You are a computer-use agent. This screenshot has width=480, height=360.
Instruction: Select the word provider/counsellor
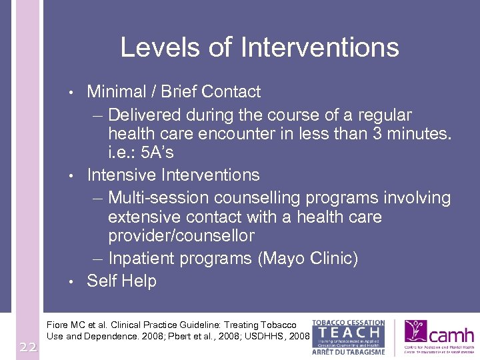point(181,235)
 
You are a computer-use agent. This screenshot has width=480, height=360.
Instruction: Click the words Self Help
point(121,281)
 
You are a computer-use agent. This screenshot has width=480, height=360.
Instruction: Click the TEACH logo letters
point(348,331)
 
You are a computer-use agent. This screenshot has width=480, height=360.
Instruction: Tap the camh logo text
point(451,334)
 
